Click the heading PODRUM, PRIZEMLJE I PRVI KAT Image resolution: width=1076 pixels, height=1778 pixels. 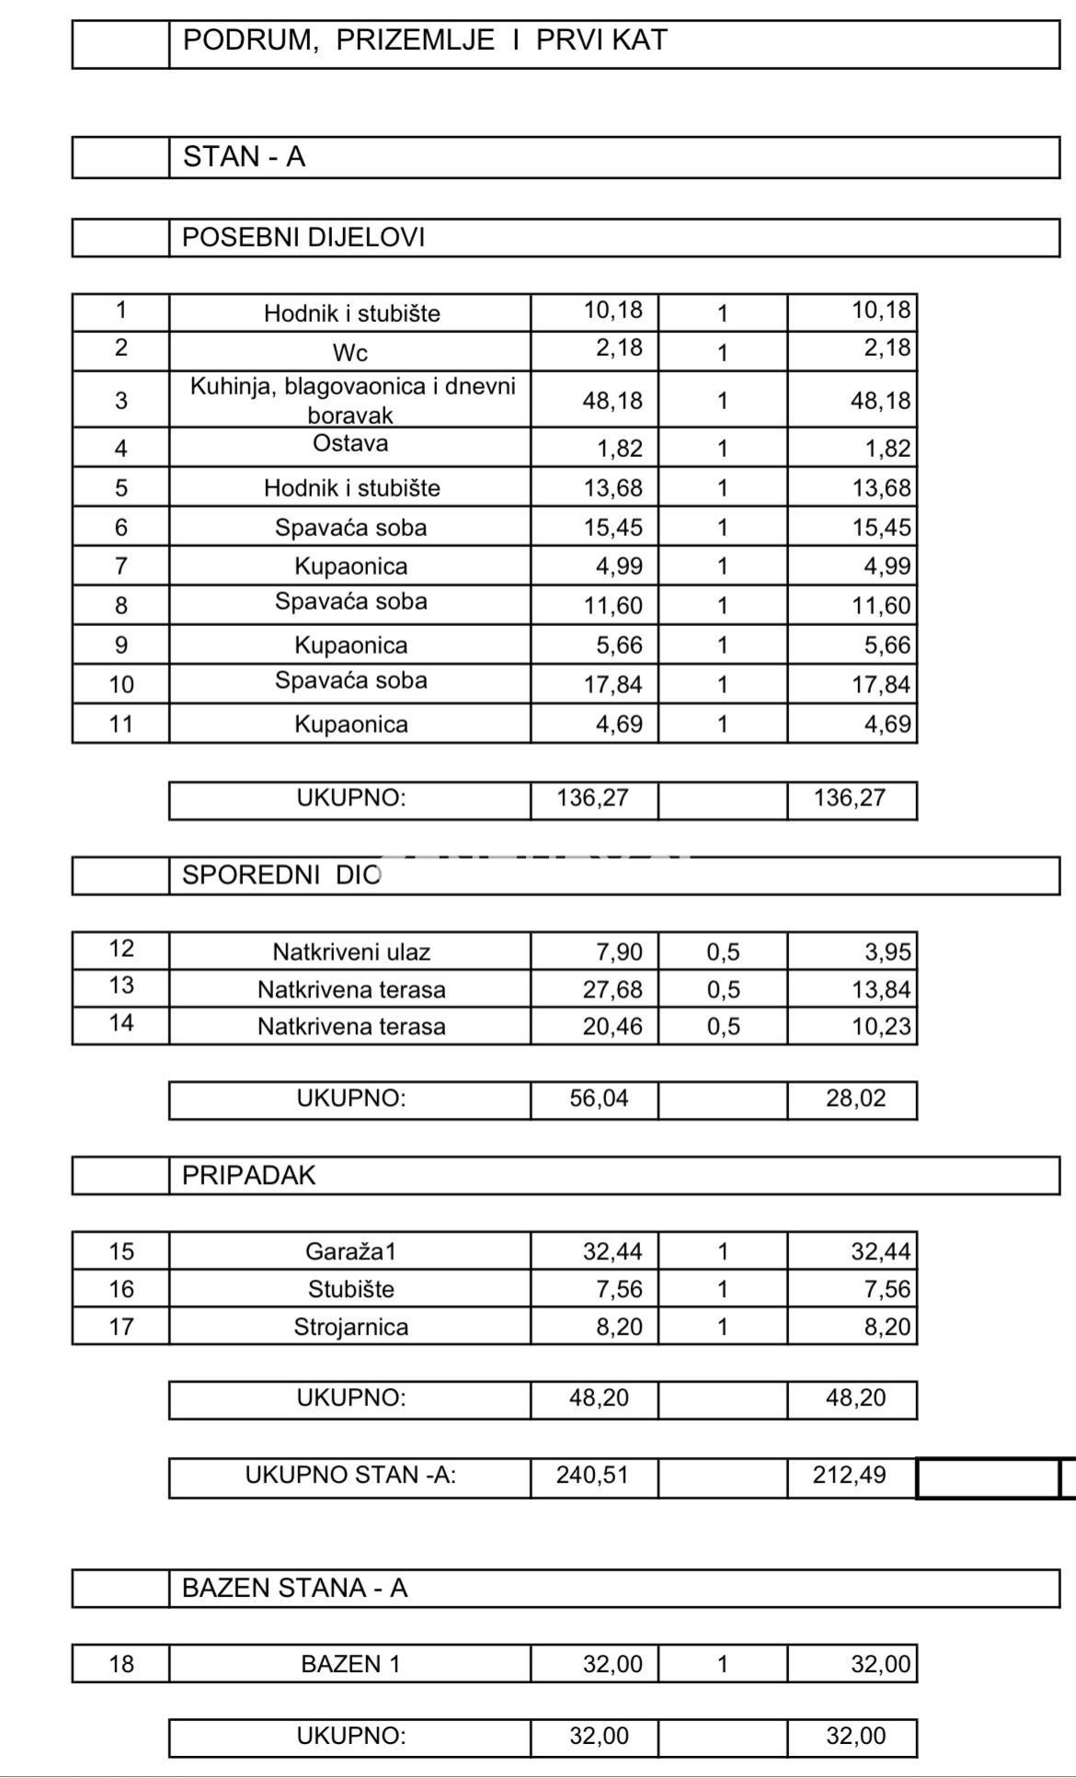(x=424, y=40)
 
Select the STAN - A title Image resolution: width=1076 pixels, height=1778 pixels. (x=244, y=157)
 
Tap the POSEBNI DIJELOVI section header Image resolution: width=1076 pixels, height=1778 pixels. (x=303, y=237)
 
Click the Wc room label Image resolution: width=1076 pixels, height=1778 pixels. (x=350, y=352)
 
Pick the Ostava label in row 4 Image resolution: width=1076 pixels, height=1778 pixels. (x=350, y=444)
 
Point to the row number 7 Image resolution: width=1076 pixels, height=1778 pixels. (x=120, y=566)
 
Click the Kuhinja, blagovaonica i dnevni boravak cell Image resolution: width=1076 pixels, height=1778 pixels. (x=352, y=400)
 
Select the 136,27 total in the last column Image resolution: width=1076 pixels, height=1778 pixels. (x=849, y=798)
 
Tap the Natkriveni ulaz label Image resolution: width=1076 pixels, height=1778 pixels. (x=350, y=952)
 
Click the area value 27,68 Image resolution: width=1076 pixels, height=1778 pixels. (x=612, y=990)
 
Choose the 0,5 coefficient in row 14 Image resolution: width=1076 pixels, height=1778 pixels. (x=723, y=1027)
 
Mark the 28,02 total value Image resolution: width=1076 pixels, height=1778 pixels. (x=855, y=1099)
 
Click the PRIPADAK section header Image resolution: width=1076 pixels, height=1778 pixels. (x=248, y=1176)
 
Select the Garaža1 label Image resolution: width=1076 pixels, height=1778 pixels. (x=350, y=1251)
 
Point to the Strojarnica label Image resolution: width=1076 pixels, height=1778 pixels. (x=350, y=1327)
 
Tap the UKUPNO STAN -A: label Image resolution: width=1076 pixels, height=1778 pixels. (x=350, y=1476)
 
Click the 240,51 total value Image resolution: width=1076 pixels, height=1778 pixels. (x=592, y=1476)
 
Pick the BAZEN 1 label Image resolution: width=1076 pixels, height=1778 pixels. (x=350, y=1664)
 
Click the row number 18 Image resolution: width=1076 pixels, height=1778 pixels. (x=120, y=1664)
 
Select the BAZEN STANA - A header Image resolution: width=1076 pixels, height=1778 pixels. (x=294, y=1589)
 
